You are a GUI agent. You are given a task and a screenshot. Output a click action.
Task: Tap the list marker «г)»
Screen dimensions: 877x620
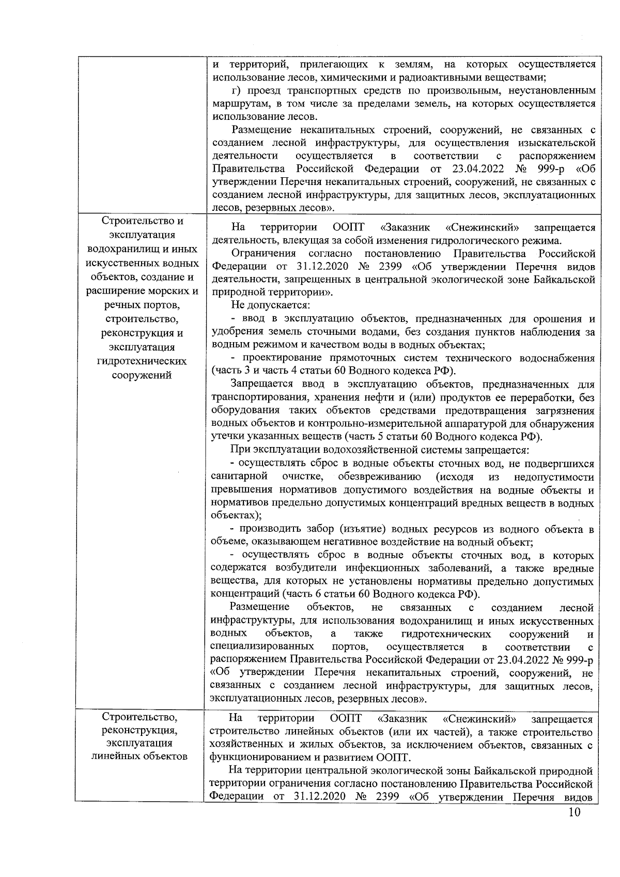(x=238, y=90)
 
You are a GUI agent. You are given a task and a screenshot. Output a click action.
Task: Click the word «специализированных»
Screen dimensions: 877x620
(x=262, y=647)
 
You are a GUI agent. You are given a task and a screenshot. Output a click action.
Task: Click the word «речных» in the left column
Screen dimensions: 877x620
(x=120, y=305)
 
